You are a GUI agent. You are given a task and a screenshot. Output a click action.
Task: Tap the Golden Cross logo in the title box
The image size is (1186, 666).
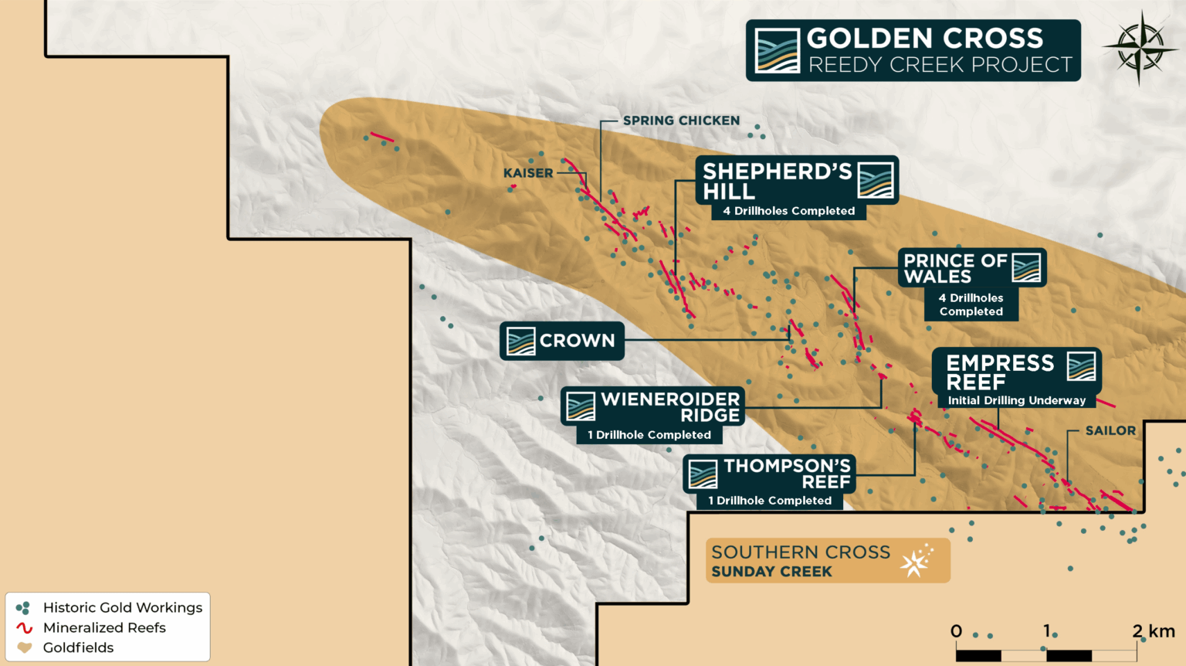tap(777, 50)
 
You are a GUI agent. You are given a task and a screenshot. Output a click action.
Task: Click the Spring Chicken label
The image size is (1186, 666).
tap(681, 121)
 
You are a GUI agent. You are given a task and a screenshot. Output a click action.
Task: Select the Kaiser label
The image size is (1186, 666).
tap(528, 173)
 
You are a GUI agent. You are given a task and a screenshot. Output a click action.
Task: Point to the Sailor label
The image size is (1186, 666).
tap(1110, 430)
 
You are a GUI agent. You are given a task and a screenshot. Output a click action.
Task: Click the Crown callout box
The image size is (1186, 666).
tap(562, 341)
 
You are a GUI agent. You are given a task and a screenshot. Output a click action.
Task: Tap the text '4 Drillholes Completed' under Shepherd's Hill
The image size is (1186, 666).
tap(788, 211)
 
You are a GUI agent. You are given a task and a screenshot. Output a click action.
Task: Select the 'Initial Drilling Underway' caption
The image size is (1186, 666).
tap(1016, 400)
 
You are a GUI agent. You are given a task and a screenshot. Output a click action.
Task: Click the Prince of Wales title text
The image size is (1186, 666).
tap(955, 268)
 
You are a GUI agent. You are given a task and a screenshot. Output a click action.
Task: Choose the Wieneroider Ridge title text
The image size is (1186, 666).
tap(670, 406)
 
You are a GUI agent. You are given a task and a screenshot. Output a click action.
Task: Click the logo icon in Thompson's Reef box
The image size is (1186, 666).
tap(703, 474)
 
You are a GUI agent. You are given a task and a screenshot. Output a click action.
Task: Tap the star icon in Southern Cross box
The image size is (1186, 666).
tap(917, 561)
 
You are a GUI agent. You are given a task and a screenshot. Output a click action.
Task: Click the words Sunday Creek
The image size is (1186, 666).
tap(771, 572)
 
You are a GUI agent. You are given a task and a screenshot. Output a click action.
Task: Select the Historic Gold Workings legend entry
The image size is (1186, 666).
tap(122, 607)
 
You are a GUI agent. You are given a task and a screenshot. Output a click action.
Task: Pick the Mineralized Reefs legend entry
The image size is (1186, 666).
tap(104, 627)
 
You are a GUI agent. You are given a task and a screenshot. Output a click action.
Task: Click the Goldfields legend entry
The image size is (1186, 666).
tap(78, 647)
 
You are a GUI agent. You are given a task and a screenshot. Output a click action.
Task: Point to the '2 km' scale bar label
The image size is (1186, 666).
tap(1153, 630)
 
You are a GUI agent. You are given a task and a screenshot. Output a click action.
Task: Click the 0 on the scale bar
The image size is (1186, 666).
tap(956, 631)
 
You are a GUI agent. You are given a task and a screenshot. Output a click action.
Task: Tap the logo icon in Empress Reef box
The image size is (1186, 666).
tap(1081, 365)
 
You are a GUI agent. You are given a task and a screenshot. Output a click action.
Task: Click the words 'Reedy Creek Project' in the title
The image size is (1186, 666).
tap(940, 65)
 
